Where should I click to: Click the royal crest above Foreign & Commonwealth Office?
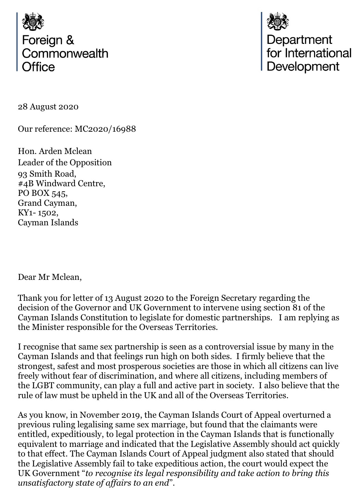click(x=33, y=22)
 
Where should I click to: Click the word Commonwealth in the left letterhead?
click(x=65, y=54)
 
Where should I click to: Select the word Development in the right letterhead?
click(x=303, y=66)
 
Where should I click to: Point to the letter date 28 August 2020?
click(x=48, y=107)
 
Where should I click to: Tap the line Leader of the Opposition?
click(x=65, y=162)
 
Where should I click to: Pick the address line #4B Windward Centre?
click(x=61, y=183)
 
